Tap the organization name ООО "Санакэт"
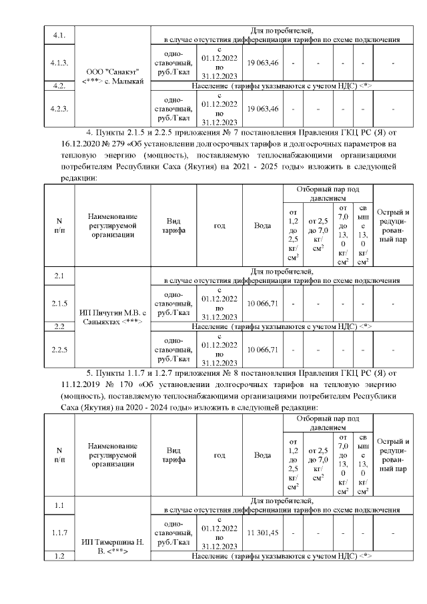pos(112,71)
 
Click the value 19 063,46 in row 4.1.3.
pos(262,63)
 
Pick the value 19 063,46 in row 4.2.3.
pos(262,108)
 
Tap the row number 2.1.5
pos(59,304)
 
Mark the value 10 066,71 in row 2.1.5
pos(262,304)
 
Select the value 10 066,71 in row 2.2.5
pos(262,349)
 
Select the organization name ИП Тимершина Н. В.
pos(111,547)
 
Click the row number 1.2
pos(59,556)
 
